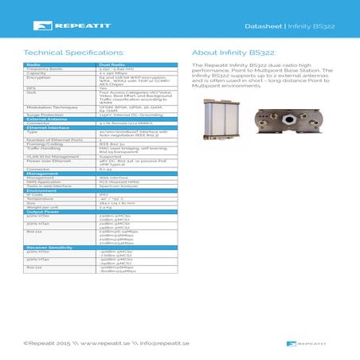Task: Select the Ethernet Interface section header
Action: (47, 127)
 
